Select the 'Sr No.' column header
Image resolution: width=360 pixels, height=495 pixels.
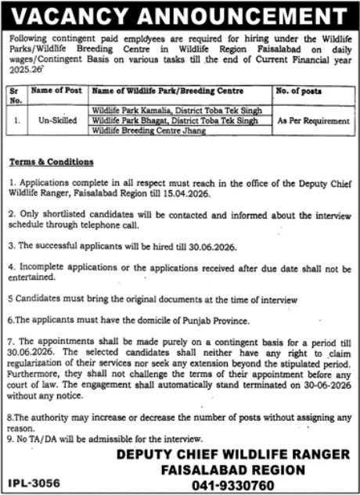point(16,95)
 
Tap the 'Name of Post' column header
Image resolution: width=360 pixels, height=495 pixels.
point(57,91)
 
